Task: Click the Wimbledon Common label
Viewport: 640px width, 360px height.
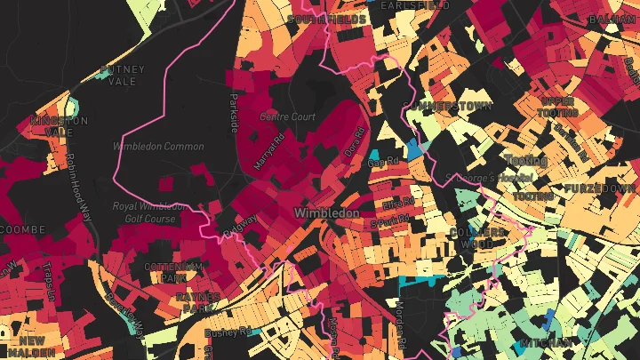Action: [x=158, y=147]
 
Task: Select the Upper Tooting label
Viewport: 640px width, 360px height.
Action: [x=557, y=107]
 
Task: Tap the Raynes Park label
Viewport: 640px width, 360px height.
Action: [x=197, y=302]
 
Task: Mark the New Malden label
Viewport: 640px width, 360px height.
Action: [x=32, y=347]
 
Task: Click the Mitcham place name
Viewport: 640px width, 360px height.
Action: [x=547, y=343]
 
